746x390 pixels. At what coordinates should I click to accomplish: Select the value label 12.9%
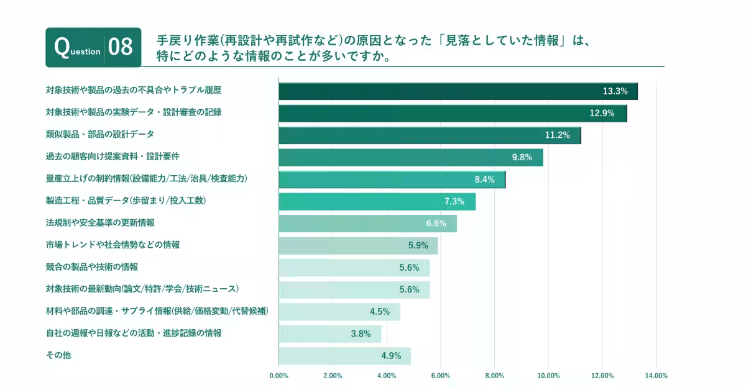click(x=602, y=113)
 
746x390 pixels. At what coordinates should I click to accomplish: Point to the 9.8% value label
click(x=522, y=157)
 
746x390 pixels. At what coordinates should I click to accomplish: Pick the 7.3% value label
click(x=454, y=201)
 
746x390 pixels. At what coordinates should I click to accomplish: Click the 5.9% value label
click(x=418, y=245)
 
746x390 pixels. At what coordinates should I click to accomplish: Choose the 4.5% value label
click(x=379, y=312)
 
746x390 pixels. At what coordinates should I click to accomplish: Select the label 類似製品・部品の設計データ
click(x=100, y=134)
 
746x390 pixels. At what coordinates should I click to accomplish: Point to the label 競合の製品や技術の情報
click(x=92, y=267)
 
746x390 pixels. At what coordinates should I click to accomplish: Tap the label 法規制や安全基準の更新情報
click(x=100, y=222)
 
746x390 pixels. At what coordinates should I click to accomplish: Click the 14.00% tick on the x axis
click(x=656, y=375)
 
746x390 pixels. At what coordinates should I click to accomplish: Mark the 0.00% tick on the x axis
click(x=279, y=375)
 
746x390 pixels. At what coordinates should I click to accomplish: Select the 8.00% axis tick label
click(x=494, y=375)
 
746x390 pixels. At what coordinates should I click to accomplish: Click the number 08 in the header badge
click(x=121, y=47)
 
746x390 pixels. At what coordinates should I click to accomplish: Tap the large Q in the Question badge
click(x=62, y=47)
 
